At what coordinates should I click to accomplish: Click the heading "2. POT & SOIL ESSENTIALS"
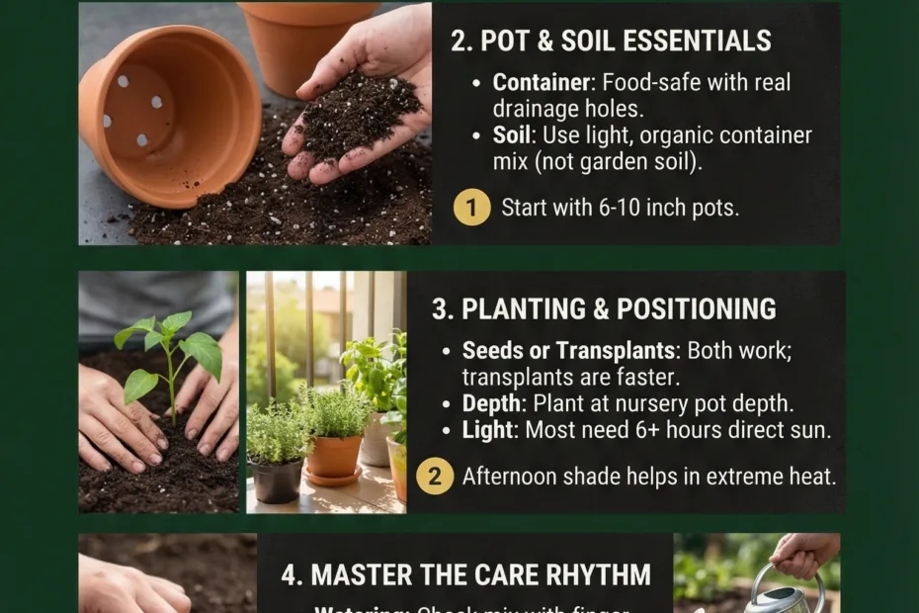611,42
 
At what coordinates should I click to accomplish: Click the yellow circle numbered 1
472,208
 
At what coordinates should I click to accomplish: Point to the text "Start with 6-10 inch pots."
620,209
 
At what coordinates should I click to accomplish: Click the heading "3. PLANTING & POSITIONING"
604,308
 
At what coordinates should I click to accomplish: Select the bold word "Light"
488,430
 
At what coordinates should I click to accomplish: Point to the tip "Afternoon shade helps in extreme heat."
649,477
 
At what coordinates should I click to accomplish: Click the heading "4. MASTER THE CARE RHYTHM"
466,574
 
